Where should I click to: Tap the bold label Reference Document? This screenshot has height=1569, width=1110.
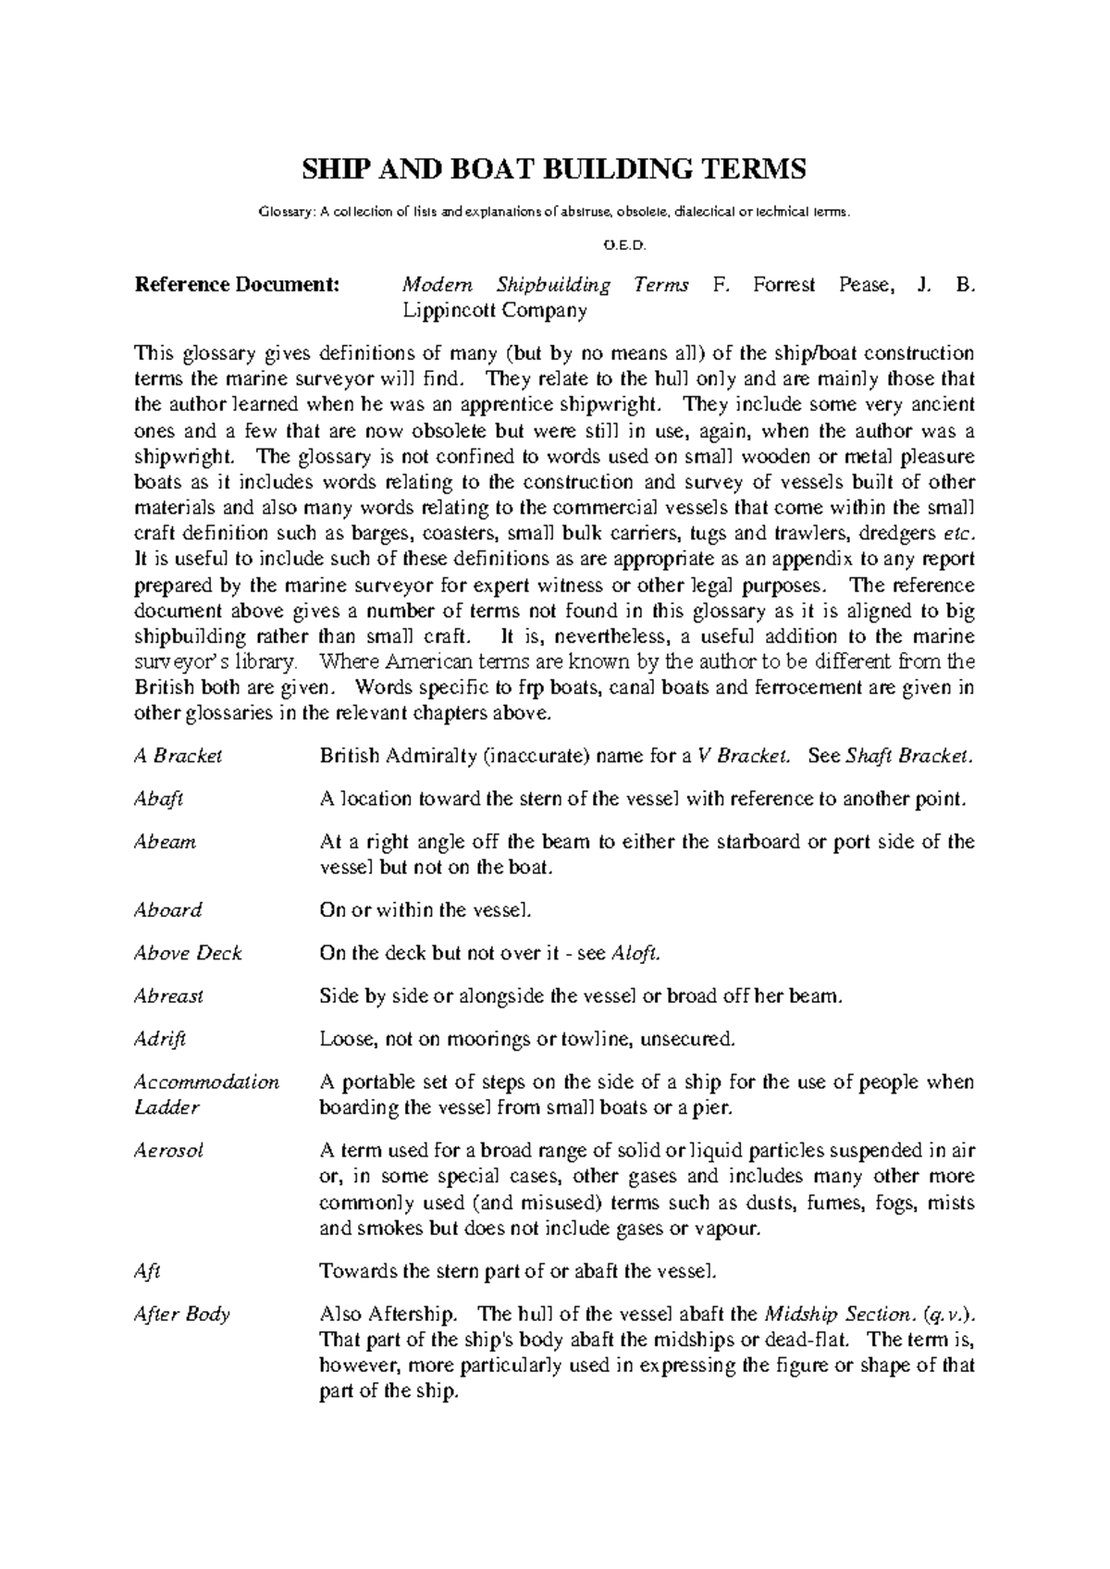(238, 285)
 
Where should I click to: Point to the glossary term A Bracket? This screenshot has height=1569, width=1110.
(179, 756)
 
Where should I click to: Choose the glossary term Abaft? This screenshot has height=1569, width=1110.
(159, 799)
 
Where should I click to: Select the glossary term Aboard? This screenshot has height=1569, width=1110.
(168, 910)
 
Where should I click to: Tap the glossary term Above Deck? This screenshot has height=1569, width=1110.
(188, 953)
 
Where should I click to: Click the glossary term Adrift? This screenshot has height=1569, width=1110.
(160, 1039)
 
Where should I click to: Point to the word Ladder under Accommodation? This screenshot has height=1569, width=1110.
(167, 1107)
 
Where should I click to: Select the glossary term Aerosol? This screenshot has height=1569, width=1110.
(169, 1151)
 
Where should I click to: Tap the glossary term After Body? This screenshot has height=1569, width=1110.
(182, 1315)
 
